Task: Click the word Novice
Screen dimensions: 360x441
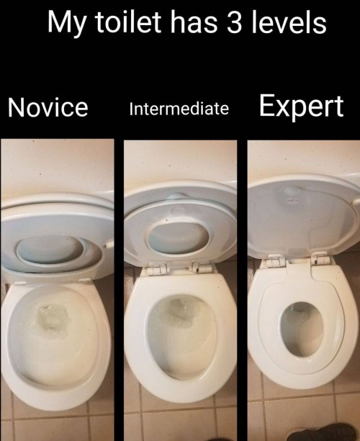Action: [48, 107]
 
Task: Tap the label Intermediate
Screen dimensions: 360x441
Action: [179, 109]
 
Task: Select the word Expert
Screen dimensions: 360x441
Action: [301, 106]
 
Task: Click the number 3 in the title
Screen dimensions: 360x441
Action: [234, 22]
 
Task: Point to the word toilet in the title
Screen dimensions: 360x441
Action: [128, 22]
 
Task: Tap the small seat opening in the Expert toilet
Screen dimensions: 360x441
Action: [302, 329]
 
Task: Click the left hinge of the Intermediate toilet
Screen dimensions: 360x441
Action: [155, 270]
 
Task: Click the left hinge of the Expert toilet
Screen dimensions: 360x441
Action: [274, 260]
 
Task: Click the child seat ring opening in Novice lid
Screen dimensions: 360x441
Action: [50, 249]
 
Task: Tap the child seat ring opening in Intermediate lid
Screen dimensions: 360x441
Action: [178, 237]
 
